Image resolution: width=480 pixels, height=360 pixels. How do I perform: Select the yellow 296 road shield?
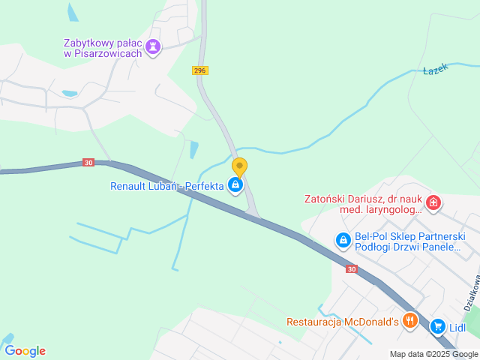coord(199,70)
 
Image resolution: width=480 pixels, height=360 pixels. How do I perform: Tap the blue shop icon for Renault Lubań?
coord(235,184)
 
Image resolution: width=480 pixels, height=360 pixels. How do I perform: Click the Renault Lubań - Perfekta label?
coord(167,185)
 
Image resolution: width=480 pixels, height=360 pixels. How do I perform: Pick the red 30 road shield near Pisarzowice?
coord(88,163)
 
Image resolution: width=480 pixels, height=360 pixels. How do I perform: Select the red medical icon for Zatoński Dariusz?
coord(433,202)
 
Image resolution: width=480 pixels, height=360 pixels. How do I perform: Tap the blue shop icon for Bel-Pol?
coord(343,240)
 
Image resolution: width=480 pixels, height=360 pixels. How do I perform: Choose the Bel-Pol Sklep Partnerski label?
coord(410,241)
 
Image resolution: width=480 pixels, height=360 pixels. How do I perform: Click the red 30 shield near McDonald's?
coord(352,268)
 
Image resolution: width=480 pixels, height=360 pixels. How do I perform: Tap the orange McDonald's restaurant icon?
coord(409,321)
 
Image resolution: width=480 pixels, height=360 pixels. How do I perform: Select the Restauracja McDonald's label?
coord(341,322)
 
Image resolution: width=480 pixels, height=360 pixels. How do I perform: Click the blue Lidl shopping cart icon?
coord(437,327)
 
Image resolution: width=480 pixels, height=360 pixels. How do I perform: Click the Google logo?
coord(25,350)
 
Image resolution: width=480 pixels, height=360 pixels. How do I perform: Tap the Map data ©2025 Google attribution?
coord(433,354)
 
